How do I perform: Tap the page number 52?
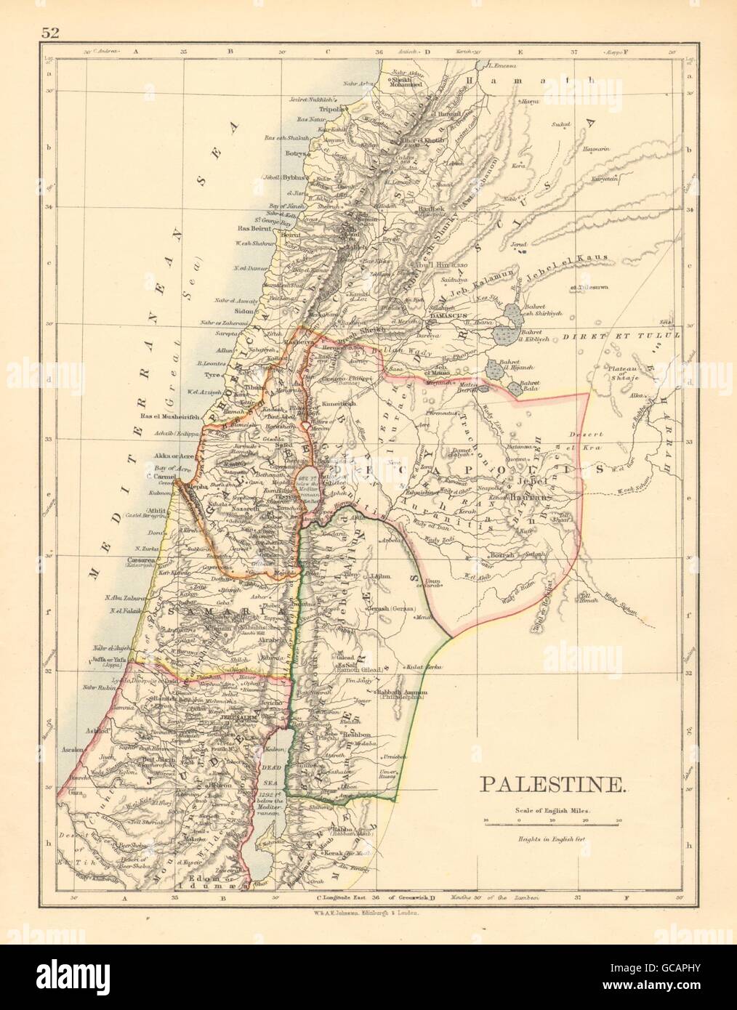(x=50, y=31)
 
